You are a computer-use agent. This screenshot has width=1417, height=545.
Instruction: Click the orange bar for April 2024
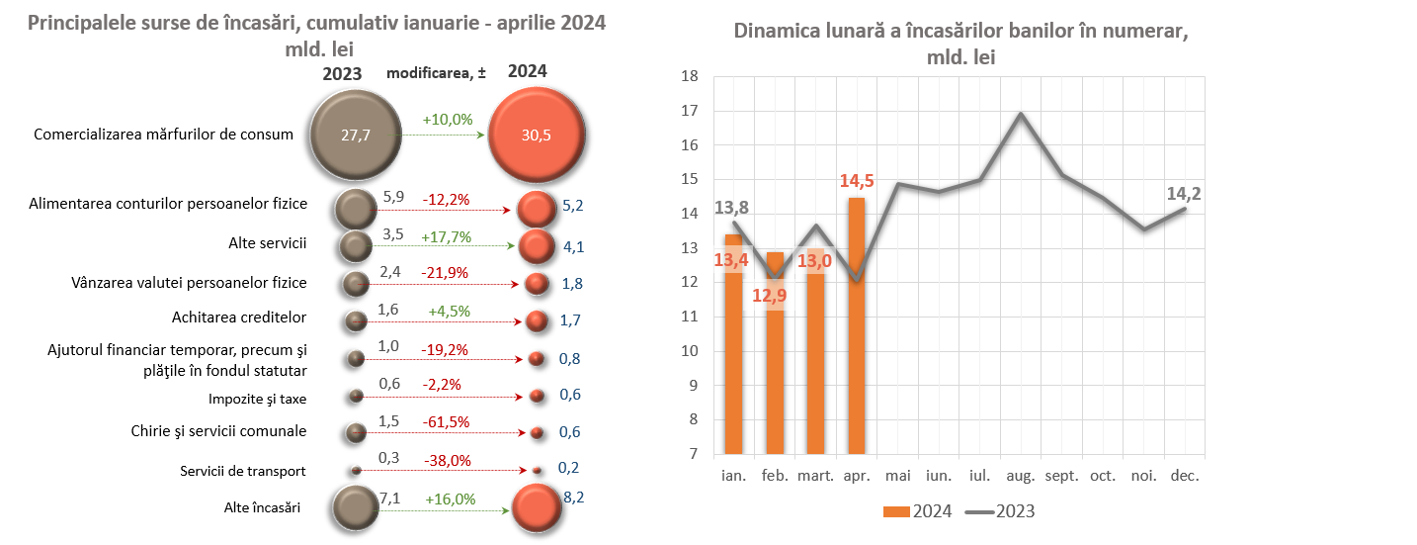pos(857,326)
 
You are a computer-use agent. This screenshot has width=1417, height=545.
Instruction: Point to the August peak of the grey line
pos(1021,114)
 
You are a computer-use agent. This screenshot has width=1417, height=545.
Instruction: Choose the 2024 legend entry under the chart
pos(918,511)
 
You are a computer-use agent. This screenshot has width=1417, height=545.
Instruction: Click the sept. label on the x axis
pos(1062,476)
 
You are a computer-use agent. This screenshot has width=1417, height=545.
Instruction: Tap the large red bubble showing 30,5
pos(539,136)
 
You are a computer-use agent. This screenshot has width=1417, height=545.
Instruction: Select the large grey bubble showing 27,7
pos(356,136)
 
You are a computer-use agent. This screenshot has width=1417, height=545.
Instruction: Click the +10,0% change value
pos(448,119)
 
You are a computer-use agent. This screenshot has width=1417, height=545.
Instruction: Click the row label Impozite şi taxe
pos(257,399)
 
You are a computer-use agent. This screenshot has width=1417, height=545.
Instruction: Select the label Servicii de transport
pos(243,471)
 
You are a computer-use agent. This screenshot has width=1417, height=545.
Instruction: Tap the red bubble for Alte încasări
pos(539,509)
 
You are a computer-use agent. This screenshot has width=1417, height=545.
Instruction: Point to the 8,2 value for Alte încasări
pos(574,498)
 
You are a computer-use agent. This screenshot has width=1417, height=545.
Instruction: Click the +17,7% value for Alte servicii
pos(448,237)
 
